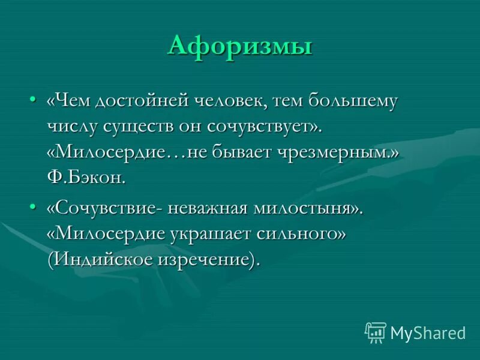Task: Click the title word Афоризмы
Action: pyautogui.click(x=239, y=46)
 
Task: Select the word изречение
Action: pyautogui.click(x=215, y=259)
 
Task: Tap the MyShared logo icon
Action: pyautogui.click(x=375, y=331)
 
